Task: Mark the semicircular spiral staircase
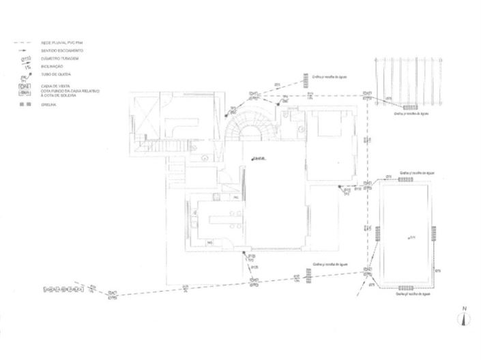[248, 126]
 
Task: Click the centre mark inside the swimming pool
[408, 237]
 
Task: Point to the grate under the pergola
[411, 107]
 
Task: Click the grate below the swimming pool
[408, 289]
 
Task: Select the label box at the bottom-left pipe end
[63, 290]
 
